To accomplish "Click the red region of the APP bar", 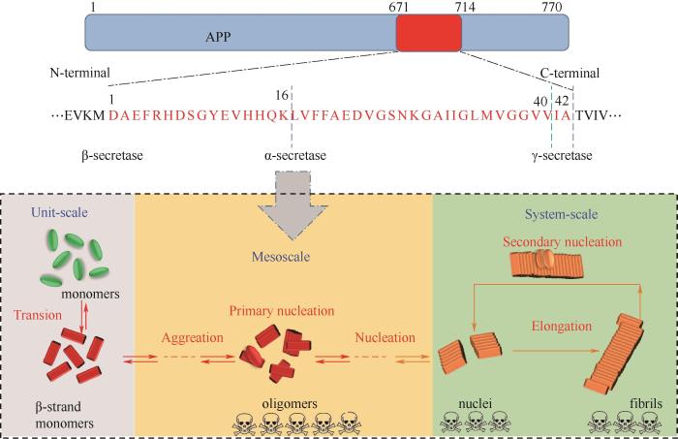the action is pyautogui.click(x=429, y=33).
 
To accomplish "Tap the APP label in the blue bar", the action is pyautogui.click(x=218, y=37).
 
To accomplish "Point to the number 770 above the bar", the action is pyautogui.click(x=552, y=7).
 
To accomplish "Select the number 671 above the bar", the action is pyautogui.click(x=398, y=7).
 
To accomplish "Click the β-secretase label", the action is pyautogui.click(x=112, y=155).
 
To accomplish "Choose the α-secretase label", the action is pyautogui.click(x=295, y=155).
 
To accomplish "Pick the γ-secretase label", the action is pyautogui.click(x=562, y=155).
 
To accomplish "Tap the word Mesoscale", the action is pyautogui.click(x=281, y=257).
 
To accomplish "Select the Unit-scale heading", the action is pyautogui.click(x=59, y=212).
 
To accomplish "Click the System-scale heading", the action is pyautogui.click(x=561, y=214).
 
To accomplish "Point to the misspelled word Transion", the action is pyautogui.click(x=38, y=315).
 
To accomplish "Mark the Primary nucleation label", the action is pyautogui.click(x=282, y=311).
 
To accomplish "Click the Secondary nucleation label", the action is pyautogui.click(x=562, y=241).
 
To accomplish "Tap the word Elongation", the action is pyautogui.click(x=562, y=326).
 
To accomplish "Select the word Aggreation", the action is pyautogui.click(x=193, y=337).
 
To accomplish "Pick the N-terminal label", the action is pyautogui.click(x=80, y=73).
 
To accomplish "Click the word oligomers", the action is pyautogui.click(x=290, y=404).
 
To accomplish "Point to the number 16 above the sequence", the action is pyautogui.click(x=282, y=95).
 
